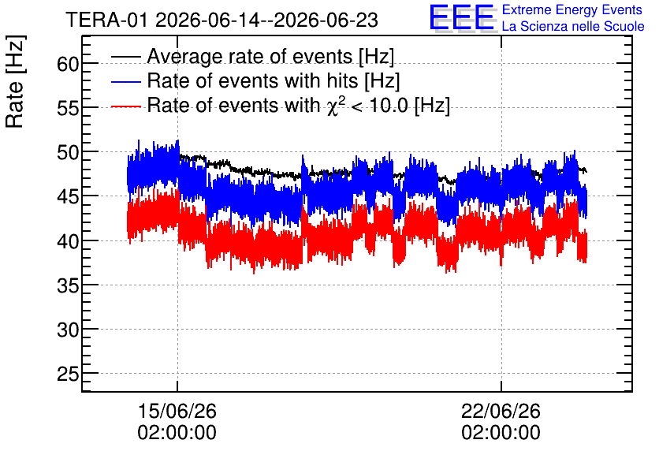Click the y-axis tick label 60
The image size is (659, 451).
(x=68, y=65)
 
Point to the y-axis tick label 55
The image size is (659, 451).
(x=68, y=109)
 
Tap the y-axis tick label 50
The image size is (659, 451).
(x=68, y=153)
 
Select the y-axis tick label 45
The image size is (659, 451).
(x=68, y=197)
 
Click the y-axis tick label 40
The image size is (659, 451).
(x=68, y=242)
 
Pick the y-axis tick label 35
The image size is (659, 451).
(x=68, y=286)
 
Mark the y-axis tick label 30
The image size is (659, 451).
(x=68, y=330)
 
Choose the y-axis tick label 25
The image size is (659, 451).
(x=68, y=375)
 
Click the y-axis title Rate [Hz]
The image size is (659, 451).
(x=15, y=81)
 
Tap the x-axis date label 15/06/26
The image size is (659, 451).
(x=177, y=411)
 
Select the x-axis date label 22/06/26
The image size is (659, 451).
(x=501, y=411)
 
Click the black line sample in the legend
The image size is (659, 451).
(x=125, y=56)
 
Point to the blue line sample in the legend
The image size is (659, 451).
(x=125, y=80)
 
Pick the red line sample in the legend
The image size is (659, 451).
(x=125, y=106)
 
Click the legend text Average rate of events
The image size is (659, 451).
(x=250, y=56)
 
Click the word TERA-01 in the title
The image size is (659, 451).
(x=106, y=20)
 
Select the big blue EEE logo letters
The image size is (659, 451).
(x=462, y=17)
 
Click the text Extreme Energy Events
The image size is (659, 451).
(x=572, y=9)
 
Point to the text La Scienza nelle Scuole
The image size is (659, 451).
(x=573, y=27)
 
